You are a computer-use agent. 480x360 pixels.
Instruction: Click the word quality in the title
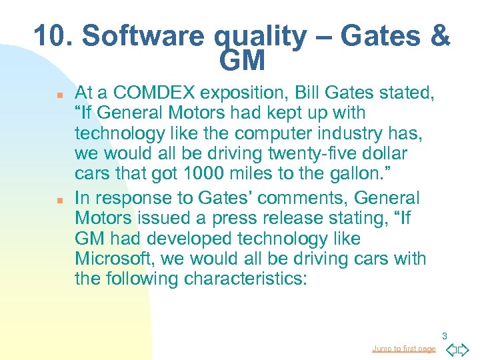coord(263,36)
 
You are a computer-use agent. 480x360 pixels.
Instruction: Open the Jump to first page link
coord(403,349)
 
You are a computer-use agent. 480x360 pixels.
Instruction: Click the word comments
coord(297,198)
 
